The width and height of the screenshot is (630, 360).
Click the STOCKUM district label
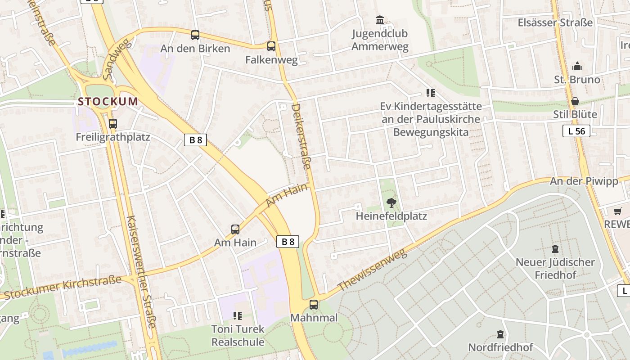[x=108, y=101]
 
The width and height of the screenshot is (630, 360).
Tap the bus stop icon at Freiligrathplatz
[x=112, y=123]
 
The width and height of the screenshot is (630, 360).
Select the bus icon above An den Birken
[x=195, y=35]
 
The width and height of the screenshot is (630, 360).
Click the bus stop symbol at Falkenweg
[x=271, y=46]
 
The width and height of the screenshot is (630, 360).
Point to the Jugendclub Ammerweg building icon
[x=380, y=20]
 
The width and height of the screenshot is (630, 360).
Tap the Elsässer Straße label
[x=555, y=22]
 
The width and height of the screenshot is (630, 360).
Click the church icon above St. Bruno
[x=577, y=67]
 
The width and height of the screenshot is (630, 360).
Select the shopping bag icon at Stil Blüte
[x=575, y=101]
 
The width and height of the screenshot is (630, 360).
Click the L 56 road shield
[x=576, y=131]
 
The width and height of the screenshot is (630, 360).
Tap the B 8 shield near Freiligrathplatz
[x=195, y=139]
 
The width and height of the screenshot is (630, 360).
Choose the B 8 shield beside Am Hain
[x=288, y=242]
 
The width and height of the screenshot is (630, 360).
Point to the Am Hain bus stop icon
[x=235, y=229]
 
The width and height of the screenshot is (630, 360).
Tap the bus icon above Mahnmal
[x=314, y=305]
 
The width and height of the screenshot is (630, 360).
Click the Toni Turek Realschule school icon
[x=238, y=316]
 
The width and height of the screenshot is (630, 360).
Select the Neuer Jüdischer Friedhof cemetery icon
[x=555, y=249]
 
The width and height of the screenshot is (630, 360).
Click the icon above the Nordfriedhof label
[x=500, y=334]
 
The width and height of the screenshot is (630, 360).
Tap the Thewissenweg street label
[x=372, y=270]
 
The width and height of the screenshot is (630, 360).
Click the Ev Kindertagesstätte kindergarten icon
[x=431, y=93]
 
